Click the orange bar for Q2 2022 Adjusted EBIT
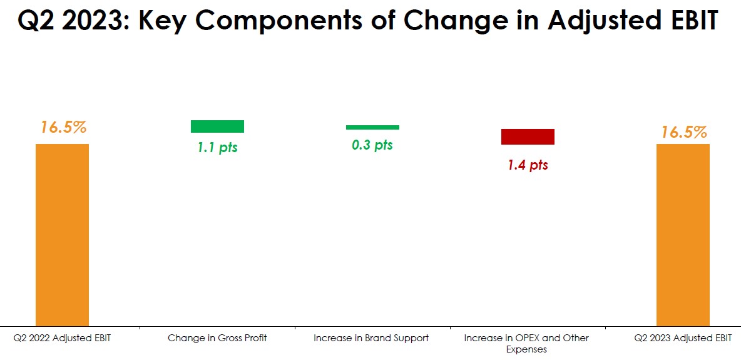point(63,235)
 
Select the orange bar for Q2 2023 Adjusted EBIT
point(683,235)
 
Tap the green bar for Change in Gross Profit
point(217,126)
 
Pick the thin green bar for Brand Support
point(372,127)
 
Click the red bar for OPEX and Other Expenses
point(528,136)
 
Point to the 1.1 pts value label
point(217,148)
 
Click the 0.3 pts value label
point(372,144)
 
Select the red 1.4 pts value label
point(528,165)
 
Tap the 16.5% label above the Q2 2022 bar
point(63,127)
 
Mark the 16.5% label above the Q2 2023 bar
point(684,131)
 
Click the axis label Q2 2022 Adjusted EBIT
point(63,338)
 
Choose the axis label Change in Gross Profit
point(217,338)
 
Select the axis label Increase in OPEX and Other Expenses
point(527,344)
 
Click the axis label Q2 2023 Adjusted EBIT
point(683,338)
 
